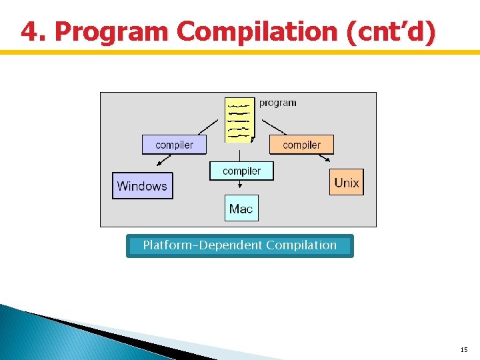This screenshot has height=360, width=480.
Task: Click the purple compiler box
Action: (174, 145)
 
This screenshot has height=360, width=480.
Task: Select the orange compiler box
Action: (301, 145)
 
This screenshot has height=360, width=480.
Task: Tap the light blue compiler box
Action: (241, 171)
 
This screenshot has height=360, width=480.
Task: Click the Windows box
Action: (142, 186)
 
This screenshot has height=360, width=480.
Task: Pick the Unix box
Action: (347, 183)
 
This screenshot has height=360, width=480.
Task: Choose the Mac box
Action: (241, 209)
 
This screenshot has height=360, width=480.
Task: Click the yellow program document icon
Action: (240, 120)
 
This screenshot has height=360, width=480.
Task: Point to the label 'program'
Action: (277, 103)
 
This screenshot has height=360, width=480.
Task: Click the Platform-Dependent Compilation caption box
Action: (240, 245)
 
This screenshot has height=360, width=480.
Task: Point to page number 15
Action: (463, 349)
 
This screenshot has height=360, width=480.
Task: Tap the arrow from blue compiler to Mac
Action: (241, 187)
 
